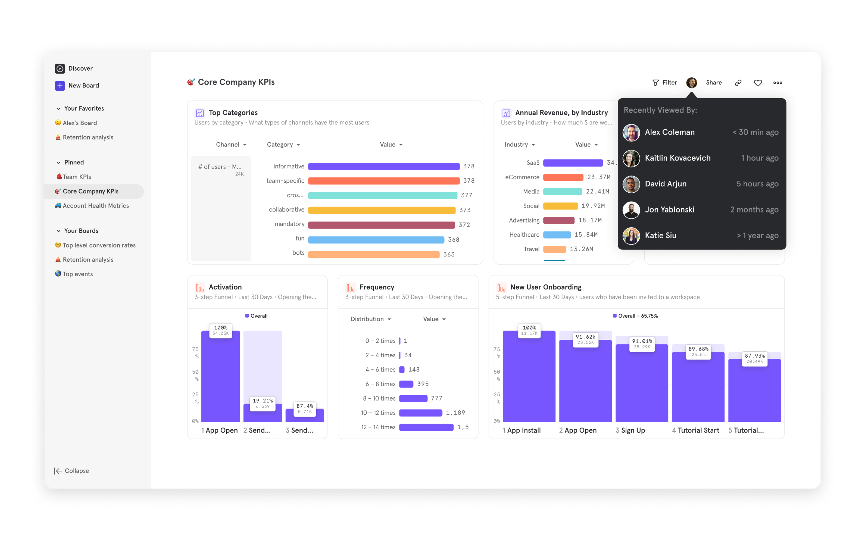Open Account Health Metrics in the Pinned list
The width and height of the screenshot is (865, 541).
95,206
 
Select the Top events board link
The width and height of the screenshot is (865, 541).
78,274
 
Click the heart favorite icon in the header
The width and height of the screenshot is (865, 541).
758,83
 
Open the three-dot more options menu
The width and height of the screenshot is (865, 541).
777,83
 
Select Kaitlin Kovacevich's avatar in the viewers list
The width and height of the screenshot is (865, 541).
631,158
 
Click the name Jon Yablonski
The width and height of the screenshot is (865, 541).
670,210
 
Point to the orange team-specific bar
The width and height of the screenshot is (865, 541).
384,181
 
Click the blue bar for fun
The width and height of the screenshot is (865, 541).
376,240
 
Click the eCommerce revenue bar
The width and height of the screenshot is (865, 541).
563,177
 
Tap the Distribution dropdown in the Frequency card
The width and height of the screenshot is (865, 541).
371,319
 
